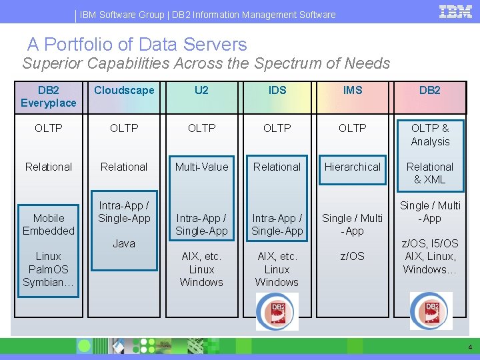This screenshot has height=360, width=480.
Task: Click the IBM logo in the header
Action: click(x=456, y=11)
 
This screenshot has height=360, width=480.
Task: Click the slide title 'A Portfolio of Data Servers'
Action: click(x=137, y=45)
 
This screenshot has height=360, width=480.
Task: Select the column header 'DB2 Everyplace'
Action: click(x=49, y=97)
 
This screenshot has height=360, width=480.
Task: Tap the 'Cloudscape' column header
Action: click(x=124, y=91)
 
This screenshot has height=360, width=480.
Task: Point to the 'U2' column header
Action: click(x=201, y=91)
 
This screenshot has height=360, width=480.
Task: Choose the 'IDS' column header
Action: click(x=277, y=91)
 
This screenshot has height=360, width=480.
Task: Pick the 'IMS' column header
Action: click(x=353, y=91)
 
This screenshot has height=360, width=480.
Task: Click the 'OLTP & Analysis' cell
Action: click(x=430, y=135)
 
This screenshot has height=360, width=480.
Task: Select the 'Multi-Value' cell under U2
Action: click(x=201, y=167)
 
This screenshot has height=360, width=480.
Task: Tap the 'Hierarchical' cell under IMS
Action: click(x=353, y=167)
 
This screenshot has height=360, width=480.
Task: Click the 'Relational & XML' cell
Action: click(x=430, y=173)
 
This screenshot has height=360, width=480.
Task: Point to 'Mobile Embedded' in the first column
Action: click(x=49, y=225)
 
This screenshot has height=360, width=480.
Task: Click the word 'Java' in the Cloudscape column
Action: click(x=124, y=244)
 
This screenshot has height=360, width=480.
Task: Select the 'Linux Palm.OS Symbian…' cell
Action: click(x=49, y=269)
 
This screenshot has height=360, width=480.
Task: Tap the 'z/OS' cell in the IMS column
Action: click(x=353, y=257)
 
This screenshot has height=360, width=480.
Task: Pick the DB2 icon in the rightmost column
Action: click(x=430, y=311)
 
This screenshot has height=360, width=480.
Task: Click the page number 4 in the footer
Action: click(x=470, y=347)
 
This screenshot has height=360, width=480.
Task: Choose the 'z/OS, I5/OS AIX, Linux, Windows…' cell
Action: click(x=430, y=257)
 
